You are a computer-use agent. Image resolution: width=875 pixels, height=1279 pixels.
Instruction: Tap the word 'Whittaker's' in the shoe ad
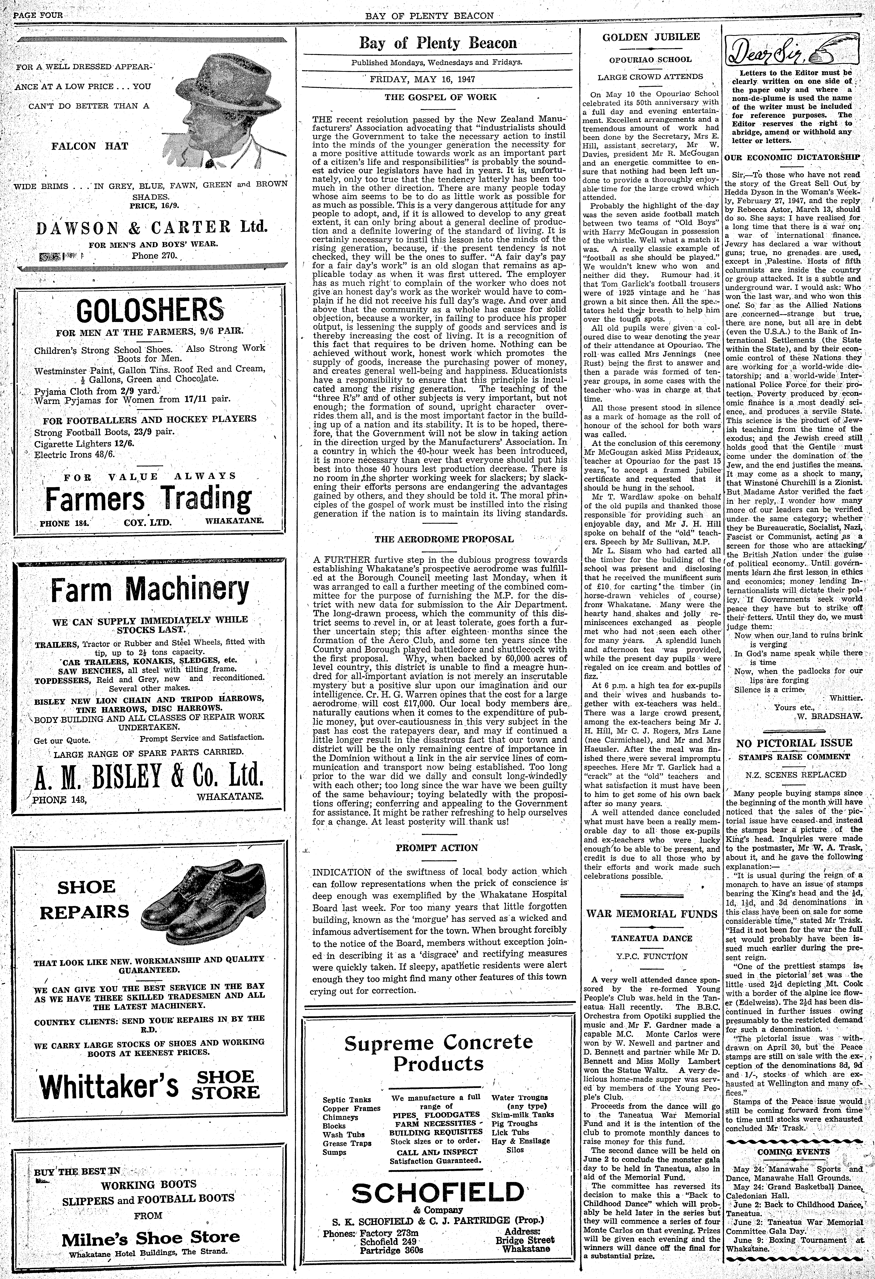[x=109, y=1086]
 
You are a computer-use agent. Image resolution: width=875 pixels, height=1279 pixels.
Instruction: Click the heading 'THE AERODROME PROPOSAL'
[x=444, y=539]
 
